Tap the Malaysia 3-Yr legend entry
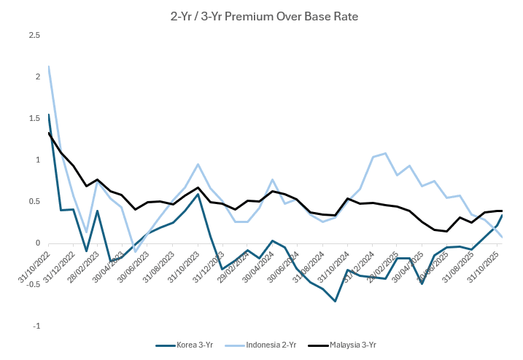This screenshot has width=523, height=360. [x=353, y=345]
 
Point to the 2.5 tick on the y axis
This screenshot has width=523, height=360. [x=34, y=35]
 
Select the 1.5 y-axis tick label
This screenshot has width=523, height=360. [x=34, y=118]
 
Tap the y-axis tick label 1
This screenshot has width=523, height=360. [x=37, y=160]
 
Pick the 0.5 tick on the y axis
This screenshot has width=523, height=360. [x=34, y=202]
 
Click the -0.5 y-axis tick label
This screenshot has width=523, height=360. [x=33, y=285]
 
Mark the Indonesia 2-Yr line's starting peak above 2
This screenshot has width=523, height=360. [x=48, y=67]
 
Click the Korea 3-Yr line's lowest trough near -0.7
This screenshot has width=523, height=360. [x=335, y=301]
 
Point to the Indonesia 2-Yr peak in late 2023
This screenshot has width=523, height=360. [x=198, y=164]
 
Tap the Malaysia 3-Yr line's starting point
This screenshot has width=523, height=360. [x=48, y=133]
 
